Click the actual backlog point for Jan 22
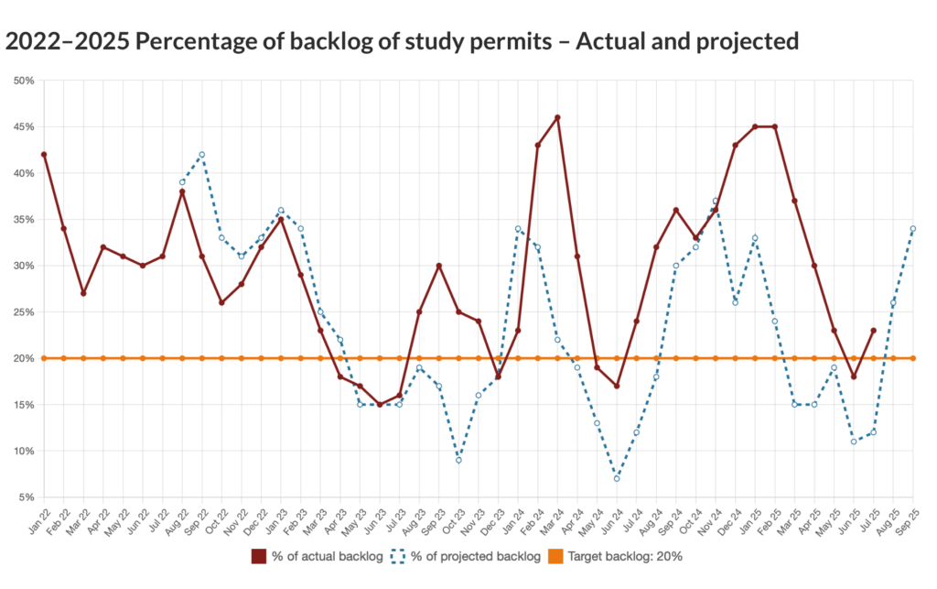click(x=44, y=154)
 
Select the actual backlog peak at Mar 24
click(x=557, y=117)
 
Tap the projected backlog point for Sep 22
click(x=202, y=154)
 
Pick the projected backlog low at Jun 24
click(x=617, y=478)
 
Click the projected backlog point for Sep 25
click(x=913, y=228)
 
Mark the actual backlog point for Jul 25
click(x=874, y=330)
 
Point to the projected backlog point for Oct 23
click(x=458, y=460)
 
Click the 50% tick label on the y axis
click(x=24, y=81)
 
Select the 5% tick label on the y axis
click(x=27, y=497)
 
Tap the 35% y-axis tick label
click(x=24, y=220)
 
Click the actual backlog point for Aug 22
click(x=182, y=191)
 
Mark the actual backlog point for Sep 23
click(x=439, y=266)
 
